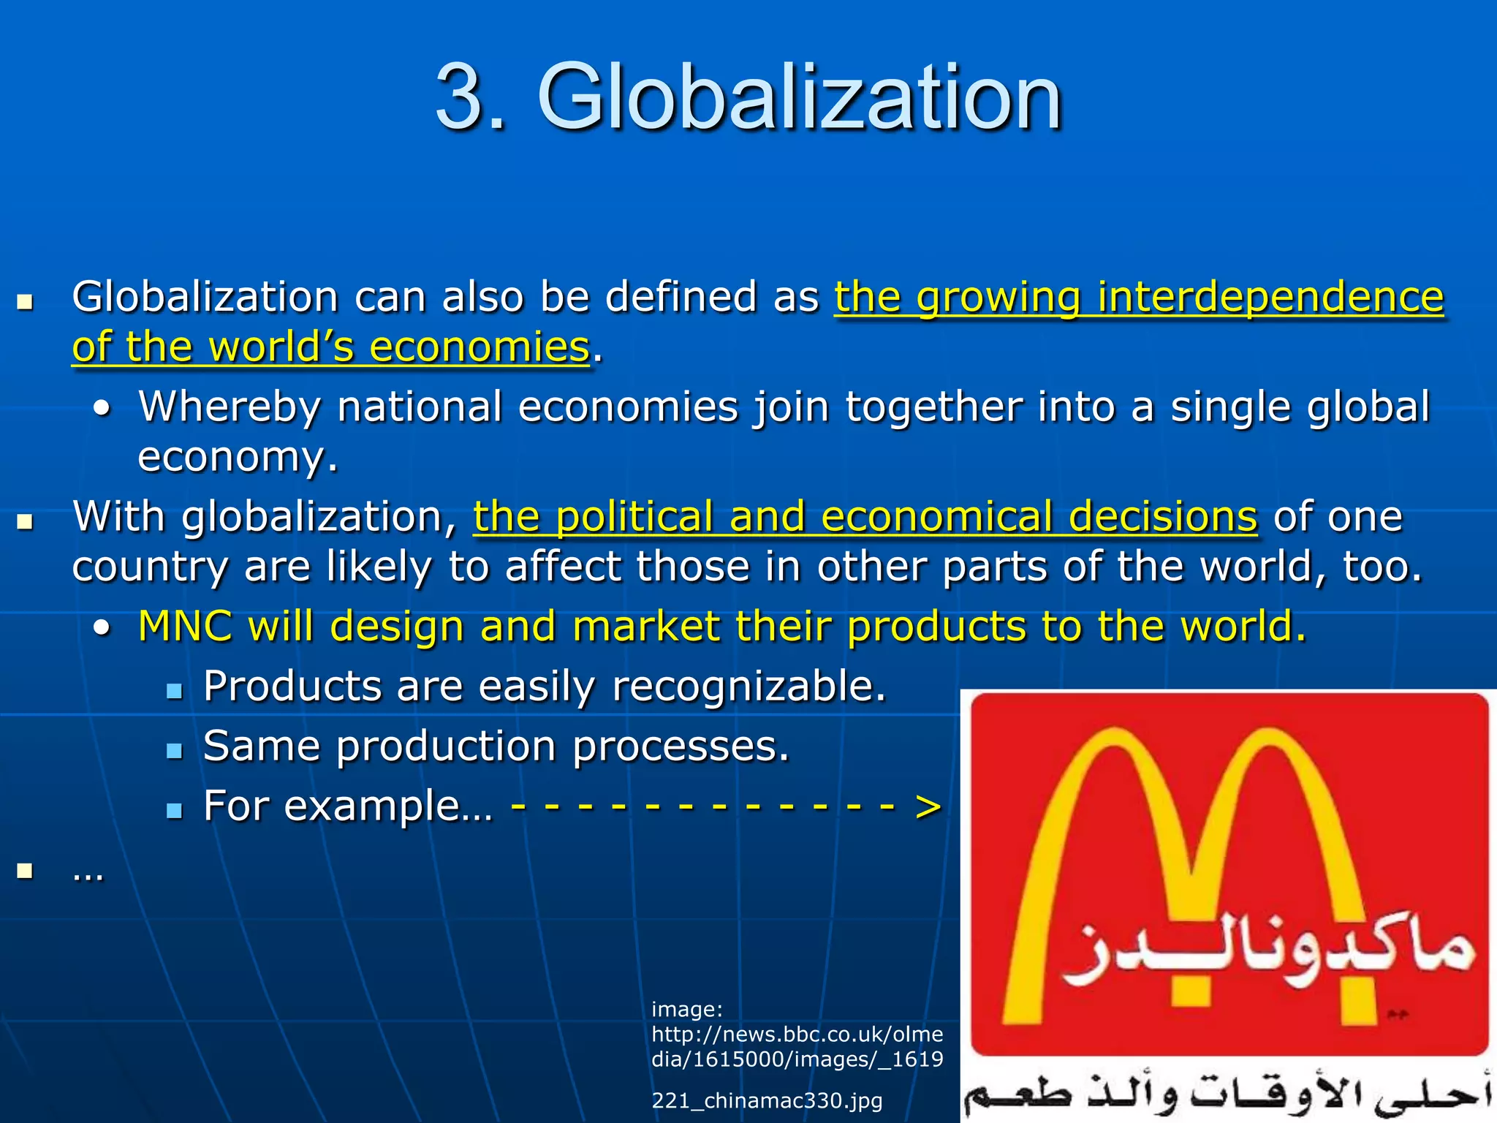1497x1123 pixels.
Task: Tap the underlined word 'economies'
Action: [479, 347]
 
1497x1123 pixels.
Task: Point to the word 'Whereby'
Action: [229, 407]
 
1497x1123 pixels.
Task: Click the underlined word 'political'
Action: [634, 518]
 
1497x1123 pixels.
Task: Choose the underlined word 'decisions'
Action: [1163, 518]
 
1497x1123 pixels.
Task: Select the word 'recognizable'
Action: [748, 687]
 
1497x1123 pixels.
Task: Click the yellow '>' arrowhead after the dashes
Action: [928, 807]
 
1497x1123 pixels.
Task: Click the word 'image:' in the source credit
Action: [686, 1010]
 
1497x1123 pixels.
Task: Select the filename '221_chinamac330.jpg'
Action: [767, 1100]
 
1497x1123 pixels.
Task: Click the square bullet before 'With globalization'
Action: [26, 521]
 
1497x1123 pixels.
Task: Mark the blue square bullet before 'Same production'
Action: [174, 751]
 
